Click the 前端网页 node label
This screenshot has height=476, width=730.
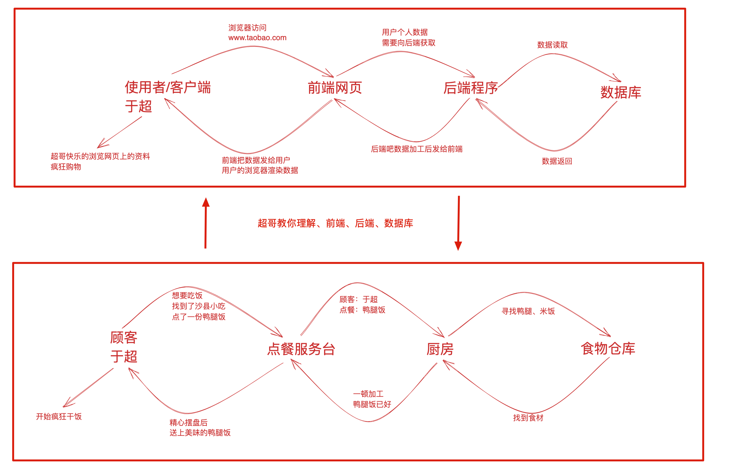[335, 88]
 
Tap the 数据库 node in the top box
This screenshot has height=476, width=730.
[621, 92]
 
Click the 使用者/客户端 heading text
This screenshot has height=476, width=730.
[168, 87]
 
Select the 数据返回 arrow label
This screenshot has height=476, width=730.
[557, 161]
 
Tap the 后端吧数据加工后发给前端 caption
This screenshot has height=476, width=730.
[417, 149]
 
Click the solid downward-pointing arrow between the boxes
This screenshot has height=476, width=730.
[458, 223]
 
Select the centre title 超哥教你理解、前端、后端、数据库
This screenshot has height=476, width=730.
[335, 223]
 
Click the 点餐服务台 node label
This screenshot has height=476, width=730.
[301, 349]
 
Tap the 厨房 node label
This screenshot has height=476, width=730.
[440, 349]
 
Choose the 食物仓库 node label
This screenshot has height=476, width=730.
[608, 349]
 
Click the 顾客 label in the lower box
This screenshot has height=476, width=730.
[124, 338]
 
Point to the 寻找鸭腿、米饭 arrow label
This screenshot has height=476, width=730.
[528, 311]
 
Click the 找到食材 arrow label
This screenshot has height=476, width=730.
[528, 418]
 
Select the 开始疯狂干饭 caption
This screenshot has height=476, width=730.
[59, 416]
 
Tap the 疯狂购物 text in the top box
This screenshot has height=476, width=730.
[66, 167]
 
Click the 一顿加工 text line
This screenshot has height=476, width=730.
[368, 394]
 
